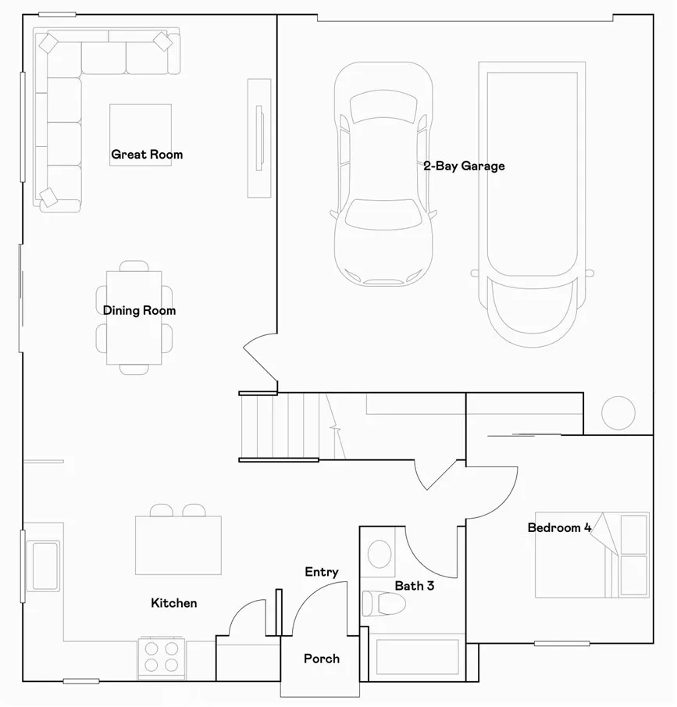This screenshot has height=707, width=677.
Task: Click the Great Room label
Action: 147,155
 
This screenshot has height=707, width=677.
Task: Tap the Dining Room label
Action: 139,311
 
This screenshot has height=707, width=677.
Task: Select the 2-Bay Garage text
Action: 464,166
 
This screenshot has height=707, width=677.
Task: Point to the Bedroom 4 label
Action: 559,528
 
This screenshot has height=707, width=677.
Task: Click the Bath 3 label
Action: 414,586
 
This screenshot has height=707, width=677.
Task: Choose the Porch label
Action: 322,659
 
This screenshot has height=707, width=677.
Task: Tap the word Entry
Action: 322,573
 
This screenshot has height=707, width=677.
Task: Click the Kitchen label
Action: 173,603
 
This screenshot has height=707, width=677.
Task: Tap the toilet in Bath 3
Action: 382,603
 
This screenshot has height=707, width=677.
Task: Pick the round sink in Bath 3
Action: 380,553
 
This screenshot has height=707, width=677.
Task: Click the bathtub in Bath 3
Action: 417,657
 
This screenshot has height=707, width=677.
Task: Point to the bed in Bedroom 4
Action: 592,555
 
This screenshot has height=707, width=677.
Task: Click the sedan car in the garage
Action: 383,174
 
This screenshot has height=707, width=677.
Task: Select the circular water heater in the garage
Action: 618,412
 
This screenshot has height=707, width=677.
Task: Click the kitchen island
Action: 178,545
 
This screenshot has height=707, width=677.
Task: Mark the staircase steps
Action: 279,427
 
